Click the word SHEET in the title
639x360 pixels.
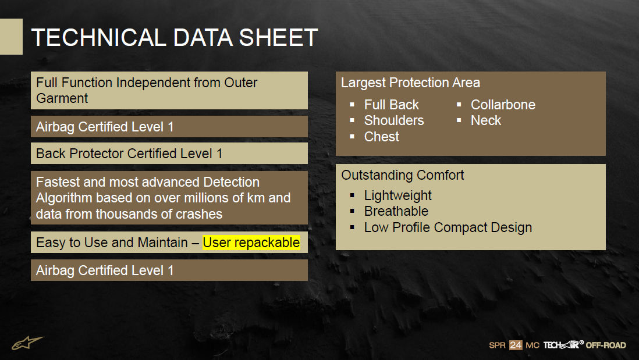[278, 38]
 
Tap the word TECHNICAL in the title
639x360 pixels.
[98, 38]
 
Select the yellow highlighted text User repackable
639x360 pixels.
[251, 243]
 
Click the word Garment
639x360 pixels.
[62, 98]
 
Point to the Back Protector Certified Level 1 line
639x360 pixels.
[129, 154]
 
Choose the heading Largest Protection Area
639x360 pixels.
[410, 83]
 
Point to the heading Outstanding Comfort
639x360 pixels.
[403, 175]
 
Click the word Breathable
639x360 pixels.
[396, 211]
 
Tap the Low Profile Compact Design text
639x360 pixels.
[448, 227]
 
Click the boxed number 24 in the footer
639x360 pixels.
[516, 345]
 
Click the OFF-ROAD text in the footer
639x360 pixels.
[606, 345]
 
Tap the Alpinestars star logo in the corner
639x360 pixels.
[27, 343]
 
